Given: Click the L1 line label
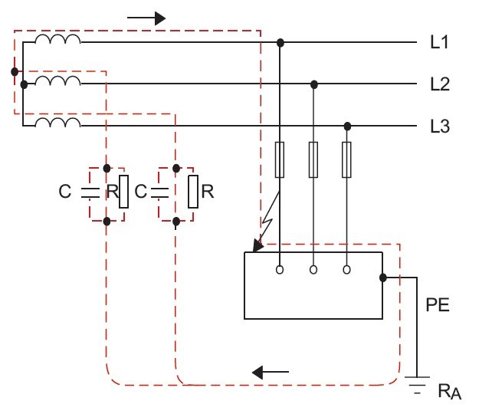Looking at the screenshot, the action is coord(439,42).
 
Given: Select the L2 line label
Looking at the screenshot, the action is coord(440,84).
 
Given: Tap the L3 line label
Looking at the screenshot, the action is coord(440,127).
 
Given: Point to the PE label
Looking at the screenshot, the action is coord(438,305).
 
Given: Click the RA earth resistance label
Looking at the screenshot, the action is coord(450,392).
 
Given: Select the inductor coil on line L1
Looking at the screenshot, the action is coord(57,38).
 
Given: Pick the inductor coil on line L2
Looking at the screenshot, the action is coord(57,80).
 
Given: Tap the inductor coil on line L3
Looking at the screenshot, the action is coord(57,123).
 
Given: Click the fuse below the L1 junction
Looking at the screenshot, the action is coord(280,159).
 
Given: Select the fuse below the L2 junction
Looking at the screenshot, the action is coord(313,159).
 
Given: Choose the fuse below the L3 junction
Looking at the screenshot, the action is coord(346,159).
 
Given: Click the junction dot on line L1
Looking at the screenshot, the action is coord(280,43).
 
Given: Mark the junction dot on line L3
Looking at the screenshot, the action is coord(347,127).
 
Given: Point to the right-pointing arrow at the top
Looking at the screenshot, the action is coord(146,18).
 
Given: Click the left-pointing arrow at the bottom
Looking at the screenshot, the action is coord(271,373).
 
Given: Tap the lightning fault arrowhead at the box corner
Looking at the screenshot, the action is coord(257,246).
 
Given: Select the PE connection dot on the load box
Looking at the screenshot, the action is coord(383,278).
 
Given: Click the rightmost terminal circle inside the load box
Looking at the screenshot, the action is coord(346,270).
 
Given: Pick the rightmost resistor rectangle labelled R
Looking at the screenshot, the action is coord(193,192).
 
